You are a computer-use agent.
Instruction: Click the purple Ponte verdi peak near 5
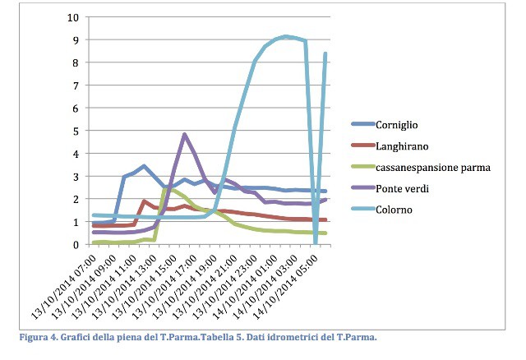pyautogui.click(x=184, y=134)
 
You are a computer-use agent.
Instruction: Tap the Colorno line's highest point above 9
pyautogui.click(x=285, y=36)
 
